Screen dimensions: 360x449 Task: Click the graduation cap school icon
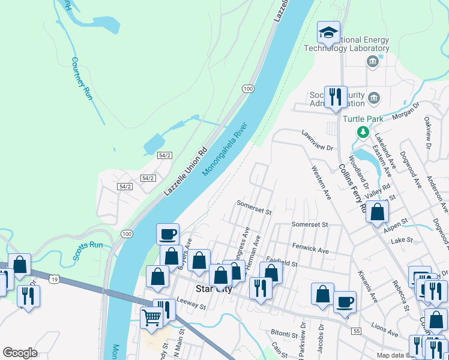pos(328,32)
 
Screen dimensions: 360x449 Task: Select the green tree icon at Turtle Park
pos(363,132)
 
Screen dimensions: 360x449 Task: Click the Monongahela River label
pos(225,151)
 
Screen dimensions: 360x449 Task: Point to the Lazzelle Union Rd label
pos(185,171)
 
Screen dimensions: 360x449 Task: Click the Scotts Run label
pos(88,250)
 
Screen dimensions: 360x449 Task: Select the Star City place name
pos(214,289)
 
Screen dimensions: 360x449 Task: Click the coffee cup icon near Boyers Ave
pos(168,233)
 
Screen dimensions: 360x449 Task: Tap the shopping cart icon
pos(151,316)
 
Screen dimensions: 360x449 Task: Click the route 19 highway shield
pos(55,280)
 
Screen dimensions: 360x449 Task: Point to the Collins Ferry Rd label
pos(352,188)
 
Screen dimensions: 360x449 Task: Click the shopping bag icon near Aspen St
pos(377,211)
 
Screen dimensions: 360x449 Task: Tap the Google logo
pos(20,353)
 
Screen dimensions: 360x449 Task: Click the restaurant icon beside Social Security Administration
pos(335,96)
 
